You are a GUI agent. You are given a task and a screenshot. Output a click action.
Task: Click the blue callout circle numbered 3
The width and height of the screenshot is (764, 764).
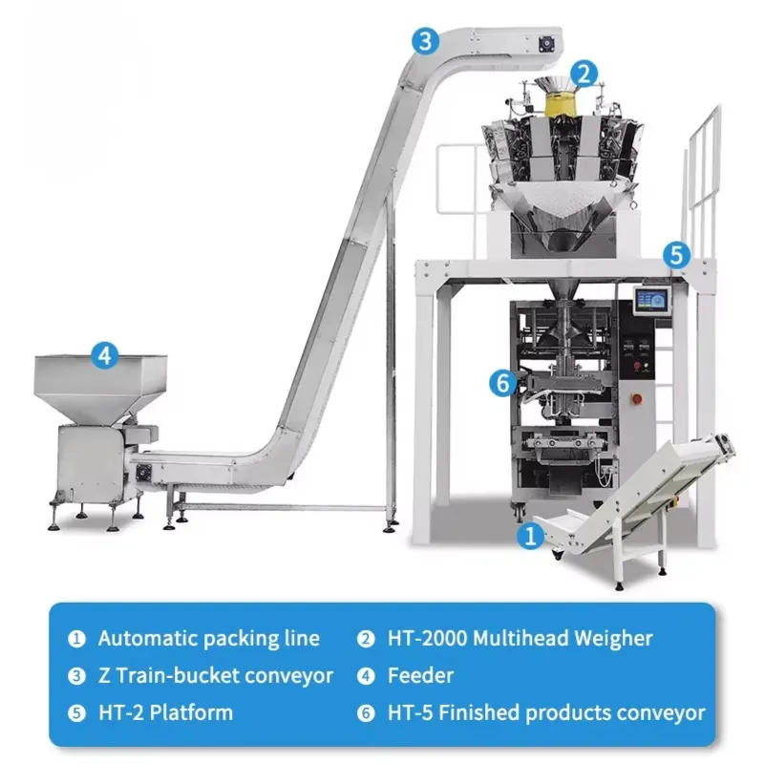pos(425,41)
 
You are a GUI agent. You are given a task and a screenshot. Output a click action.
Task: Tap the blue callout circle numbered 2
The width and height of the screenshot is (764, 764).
pos(584,74)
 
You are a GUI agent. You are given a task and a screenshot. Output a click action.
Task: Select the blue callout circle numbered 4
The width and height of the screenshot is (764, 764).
pos(105,355)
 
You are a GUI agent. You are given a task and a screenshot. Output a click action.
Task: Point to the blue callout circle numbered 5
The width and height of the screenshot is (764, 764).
pos(677,255)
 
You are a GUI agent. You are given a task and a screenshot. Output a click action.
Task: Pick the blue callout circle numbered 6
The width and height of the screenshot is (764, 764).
pos(503,383)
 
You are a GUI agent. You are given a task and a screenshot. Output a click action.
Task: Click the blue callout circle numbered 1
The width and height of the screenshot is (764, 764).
pos(530,536)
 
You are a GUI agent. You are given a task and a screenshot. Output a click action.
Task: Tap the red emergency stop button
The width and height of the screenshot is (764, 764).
pos(636,399)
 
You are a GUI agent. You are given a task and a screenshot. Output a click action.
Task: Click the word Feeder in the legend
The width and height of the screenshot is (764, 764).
pos(420,676)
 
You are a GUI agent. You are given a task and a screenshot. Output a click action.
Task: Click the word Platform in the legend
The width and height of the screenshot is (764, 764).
pos(191,712)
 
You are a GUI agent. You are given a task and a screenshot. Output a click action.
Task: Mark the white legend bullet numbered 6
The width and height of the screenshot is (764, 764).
pos(366,713)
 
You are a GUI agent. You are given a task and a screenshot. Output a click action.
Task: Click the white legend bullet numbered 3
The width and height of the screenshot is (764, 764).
pos(76,676)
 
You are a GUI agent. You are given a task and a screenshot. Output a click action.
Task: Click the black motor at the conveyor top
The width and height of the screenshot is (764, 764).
pos(546,45)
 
